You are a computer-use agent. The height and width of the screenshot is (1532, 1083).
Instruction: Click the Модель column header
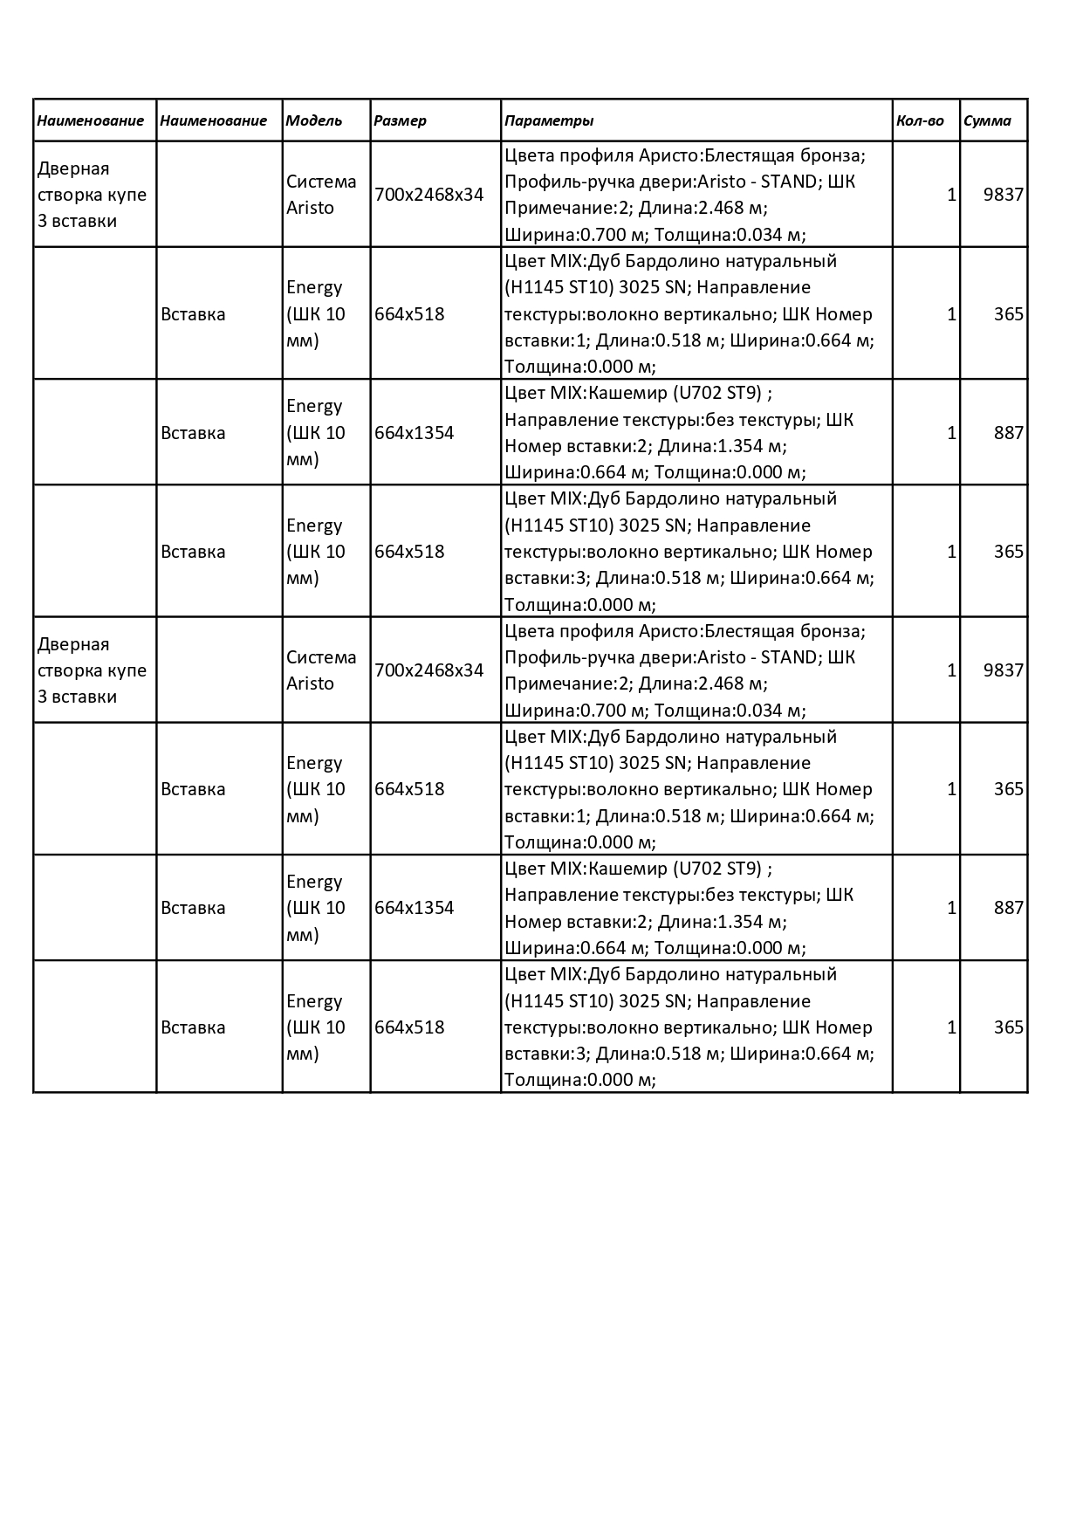[314, 120]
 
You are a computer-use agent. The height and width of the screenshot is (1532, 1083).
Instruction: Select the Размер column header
[400, 120]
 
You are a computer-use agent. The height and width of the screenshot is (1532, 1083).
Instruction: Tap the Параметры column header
[549, 120]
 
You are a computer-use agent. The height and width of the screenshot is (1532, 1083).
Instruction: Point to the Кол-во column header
[920, 120]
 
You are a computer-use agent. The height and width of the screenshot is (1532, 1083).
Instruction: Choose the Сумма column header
[987, 120]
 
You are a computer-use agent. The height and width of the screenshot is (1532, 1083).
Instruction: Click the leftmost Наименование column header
[90, 120]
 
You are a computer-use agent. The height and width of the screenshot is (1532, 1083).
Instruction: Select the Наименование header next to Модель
[213, 120]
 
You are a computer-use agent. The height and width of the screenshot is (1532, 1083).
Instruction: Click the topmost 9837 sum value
[1003, 195]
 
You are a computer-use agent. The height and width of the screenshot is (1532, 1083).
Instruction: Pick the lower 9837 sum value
[1003, 670]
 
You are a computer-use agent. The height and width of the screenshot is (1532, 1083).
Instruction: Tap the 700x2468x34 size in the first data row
[428, 195]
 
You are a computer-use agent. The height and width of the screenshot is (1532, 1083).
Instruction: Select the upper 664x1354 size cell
[414, 433]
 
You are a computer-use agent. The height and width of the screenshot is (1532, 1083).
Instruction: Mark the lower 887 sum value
[1008, 908]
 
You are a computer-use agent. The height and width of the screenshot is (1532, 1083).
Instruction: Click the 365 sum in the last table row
[1008, 1027]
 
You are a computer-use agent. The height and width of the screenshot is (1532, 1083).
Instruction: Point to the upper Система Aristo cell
[321, 195]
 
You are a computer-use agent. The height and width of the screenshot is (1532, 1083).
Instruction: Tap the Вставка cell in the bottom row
[193, 1027]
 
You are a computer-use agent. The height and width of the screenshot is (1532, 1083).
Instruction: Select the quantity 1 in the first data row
[951, 195]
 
